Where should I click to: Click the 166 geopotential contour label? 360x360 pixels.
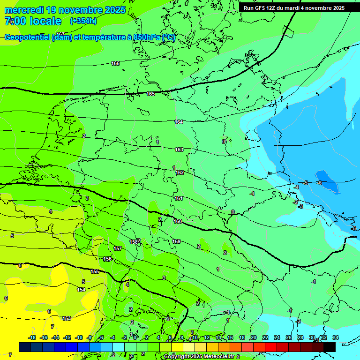tap(115, 63)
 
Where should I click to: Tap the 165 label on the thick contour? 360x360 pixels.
tap(150, 94)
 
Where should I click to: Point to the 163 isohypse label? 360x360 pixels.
tap(179, 150)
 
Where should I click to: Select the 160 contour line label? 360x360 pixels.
tap(178, 221)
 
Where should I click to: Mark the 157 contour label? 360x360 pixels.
tap(118, 248)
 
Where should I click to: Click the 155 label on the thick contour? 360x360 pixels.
tap(95, 271)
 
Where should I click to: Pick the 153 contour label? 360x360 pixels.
tap(67, 318)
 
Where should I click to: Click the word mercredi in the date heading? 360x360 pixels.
tap(25, 10)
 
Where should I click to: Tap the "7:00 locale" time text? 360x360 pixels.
tap(33, 21)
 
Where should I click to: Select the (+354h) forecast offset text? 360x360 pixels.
tap(83, 21)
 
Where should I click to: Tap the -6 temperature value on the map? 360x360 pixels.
tap(319, 183)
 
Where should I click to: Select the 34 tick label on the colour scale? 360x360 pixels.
tap(335, 337)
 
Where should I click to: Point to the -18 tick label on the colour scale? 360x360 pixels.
tap(32, 337)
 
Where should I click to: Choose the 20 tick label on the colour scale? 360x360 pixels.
tap(253, 337)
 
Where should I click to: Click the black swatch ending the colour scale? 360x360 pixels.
tap(330, 347)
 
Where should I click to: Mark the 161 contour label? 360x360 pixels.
tap(179, 198)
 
